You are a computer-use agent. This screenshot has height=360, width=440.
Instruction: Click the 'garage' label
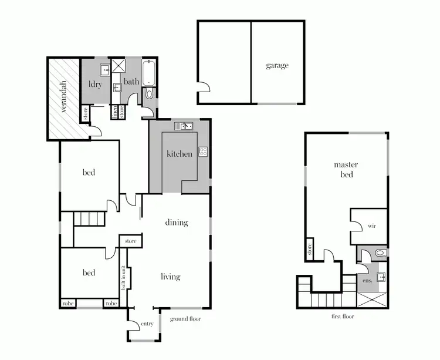tap(277, 66)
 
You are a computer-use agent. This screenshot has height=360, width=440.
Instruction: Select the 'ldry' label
tap(95, 85)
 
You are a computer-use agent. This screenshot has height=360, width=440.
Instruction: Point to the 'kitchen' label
tap(179, 154)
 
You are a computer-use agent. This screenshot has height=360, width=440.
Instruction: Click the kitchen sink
tap(185, 126)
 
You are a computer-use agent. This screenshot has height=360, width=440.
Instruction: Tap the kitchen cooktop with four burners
tap(203, 151)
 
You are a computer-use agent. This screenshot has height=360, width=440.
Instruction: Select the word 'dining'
tap(176, 223)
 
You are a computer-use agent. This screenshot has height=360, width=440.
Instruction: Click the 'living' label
tap(171, 277)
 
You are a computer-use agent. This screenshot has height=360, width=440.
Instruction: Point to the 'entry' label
tap(146, 324)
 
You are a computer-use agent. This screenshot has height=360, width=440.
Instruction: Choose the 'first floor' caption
tap(343, 317)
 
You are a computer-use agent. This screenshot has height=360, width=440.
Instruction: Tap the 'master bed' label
tap(346, 170)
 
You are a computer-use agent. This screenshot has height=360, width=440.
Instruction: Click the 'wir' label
tap(371, 226)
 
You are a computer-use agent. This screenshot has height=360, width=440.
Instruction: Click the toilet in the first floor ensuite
tap(380, 253)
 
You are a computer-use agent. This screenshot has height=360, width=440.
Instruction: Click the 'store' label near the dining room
tap(130, 241)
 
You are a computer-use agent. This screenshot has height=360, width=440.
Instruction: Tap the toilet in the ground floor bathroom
tap(149, 93)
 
